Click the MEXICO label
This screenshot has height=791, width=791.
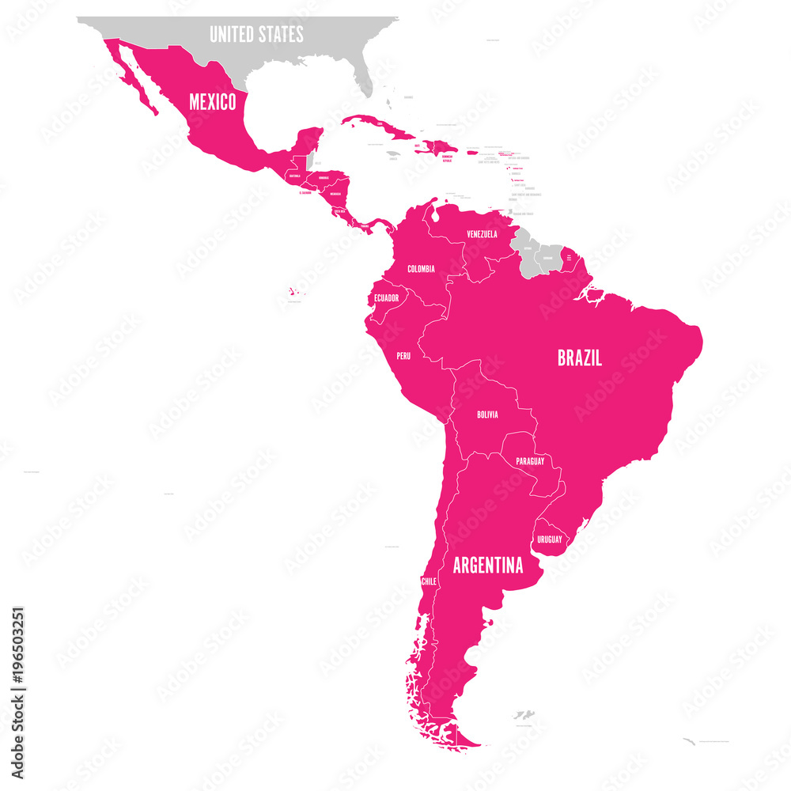point(211,102)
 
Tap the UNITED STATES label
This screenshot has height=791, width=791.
point(256,34)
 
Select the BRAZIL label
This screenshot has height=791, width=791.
point(579,358)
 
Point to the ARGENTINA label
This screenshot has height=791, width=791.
point(487,566)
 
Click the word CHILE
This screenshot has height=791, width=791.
point(429,581)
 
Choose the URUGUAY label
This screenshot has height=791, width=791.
point(550,539)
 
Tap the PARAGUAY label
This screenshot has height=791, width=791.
point(529,460)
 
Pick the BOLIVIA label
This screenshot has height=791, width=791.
point(487,414)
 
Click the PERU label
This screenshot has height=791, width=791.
point(403,356)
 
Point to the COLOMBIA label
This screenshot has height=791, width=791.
point(421,269)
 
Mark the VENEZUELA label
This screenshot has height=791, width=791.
point(482,234)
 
